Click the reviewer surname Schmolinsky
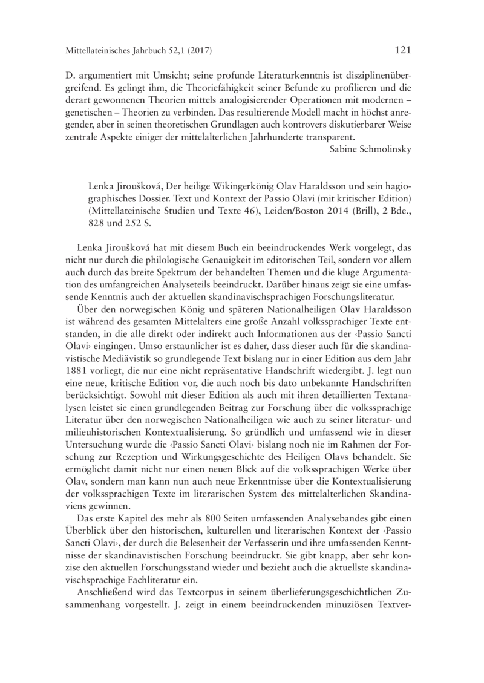coord(384,149)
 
